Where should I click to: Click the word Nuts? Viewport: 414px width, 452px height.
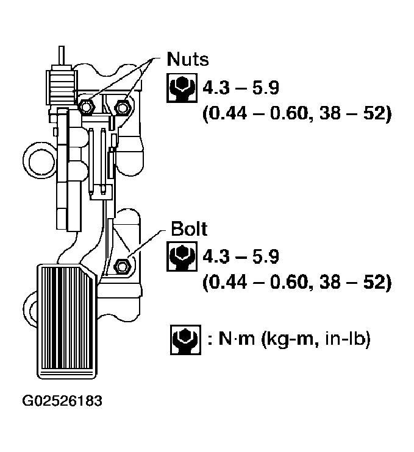pos(187,60)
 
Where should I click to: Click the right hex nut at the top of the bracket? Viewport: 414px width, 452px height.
pos(124,107)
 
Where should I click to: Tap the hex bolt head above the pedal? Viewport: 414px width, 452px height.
pos(121,266)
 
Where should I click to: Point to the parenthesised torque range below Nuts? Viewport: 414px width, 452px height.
pos(296,115)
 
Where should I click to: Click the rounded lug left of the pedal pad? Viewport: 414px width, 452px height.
pos(30,305)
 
